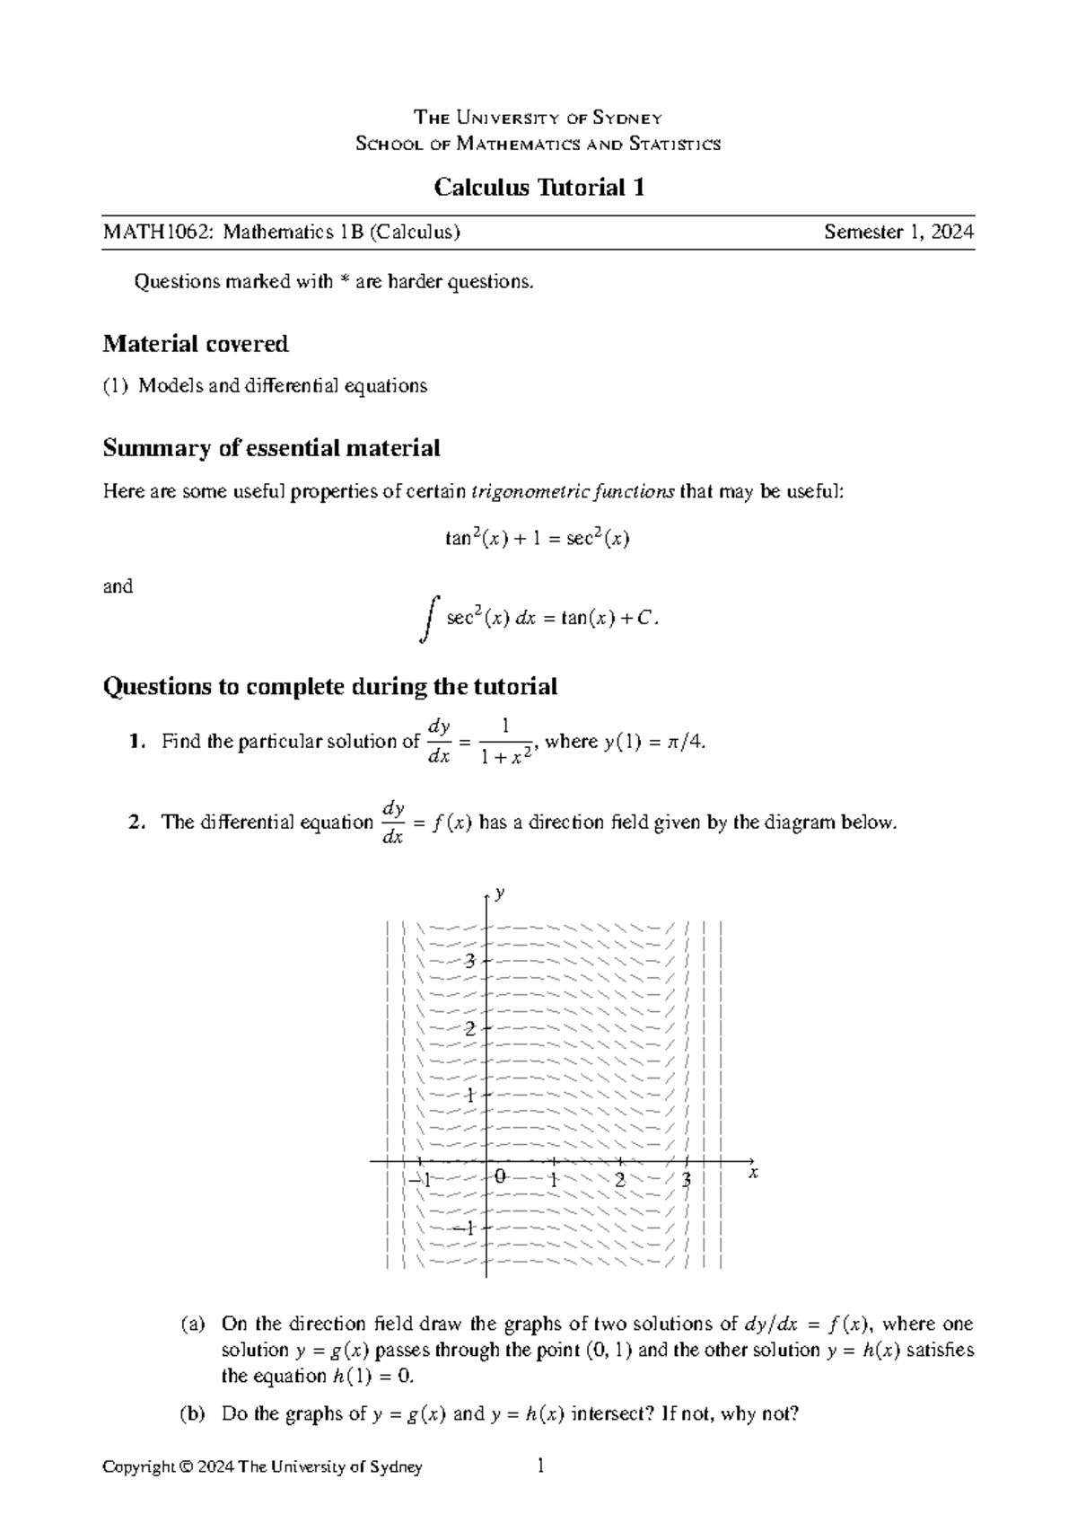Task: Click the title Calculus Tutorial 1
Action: point(538,188)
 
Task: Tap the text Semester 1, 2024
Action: point(898,233)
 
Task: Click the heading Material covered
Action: point(196,344)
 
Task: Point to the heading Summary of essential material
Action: point(271,448)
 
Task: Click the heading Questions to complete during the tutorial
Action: point(329,687)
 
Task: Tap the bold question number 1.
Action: point(135,742)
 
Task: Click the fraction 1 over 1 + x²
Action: point(506,742)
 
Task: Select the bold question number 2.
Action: point(135,823)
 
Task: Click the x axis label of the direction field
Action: point(754,1173)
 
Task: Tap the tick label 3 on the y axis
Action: point(468,961)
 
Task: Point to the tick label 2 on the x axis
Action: point(619,1180)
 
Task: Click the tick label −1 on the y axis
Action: point(465,1228)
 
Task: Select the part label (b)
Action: point(193,1414)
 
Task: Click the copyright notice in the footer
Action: point(262,1467)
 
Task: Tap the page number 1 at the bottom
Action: point(540,1466)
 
